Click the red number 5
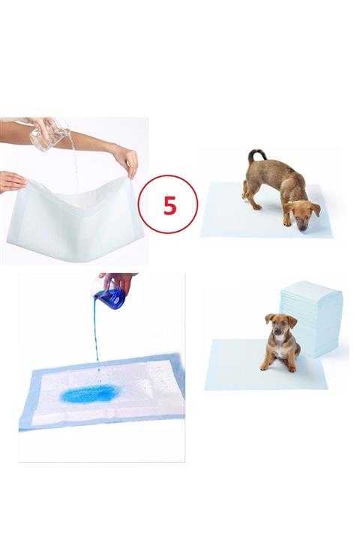pyautogui.click(x=170, y=203)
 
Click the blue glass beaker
pyautogui.click(x=111, y=298)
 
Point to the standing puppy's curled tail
pyautogui.click(x=256, y=155)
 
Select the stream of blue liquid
pyautogui.click(x=96, y=337)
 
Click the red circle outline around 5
pyautogui.click(x=142, y=203)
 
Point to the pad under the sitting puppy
pyautogui.click(x=240, y=367)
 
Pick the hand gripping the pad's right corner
pyautogui.click(x=126, y=159)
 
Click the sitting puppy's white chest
pyautogui.click(x=279, y=347)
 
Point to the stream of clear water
pyautogui.click(x=73, y=169)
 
